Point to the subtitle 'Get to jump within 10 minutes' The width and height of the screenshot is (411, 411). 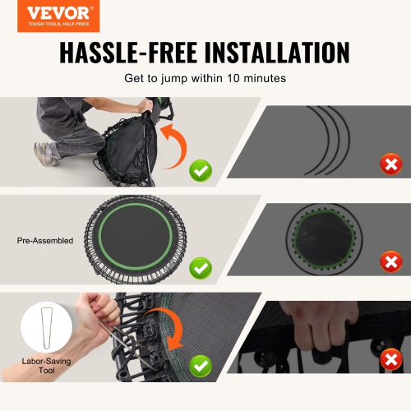(205, 79)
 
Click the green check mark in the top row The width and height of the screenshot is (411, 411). (200, 171)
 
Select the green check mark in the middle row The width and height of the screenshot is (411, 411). (200, 267)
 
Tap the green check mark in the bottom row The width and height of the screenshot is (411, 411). (200, 363)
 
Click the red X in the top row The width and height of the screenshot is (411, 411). (391, 164)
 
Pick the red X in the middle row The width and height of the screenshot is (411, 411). (391, 262)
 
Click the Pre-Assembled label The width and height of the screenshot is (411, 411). (45, 241)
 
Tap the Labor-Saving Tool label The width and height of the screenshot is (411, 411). (45, 367)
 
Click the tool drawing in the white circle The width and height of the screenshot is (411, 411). (44, 330)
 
